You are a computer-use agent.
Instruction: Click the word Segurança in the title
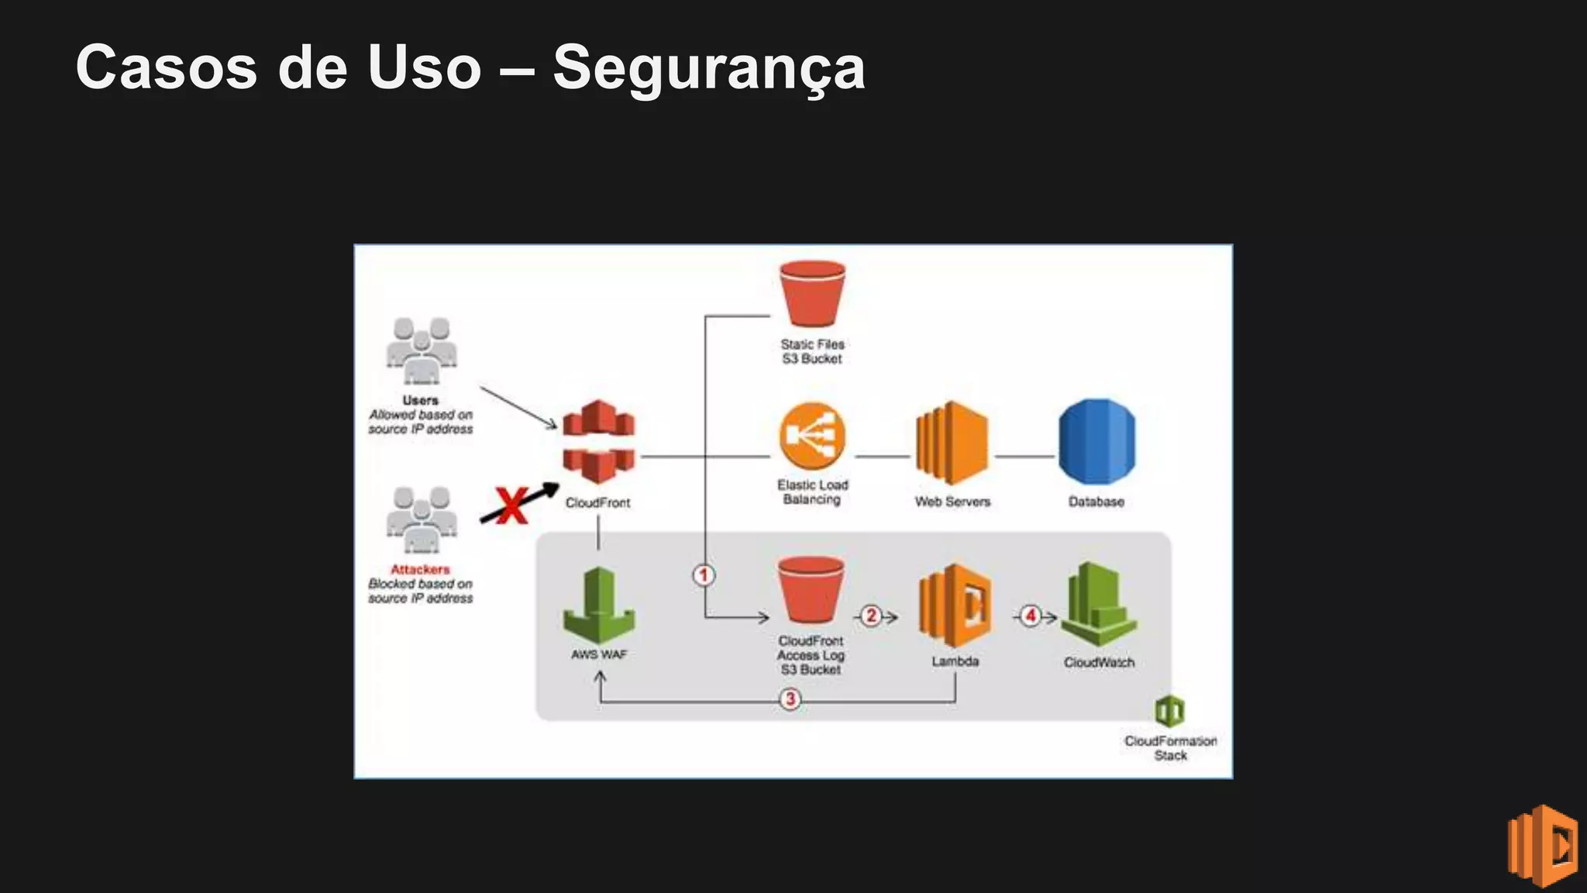(708, 68)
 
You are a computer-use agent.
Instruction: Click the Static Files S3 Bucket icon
(812, 295)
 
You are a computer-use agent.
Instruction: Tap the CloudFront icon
(598, 442)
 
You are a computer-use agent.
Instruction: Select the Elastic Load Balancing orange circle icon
(812, 436)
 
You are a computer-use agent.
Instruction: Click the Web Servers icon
(952, 443)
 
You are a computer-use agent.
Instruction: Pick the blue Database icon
(1096, 442)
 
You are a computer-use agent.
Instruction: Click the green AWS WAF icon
(598, 605)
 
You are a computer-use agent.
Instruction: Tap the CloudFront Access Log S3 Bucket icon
(811, 591)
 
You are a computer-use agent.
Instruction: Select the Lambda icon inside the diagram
(955, 605)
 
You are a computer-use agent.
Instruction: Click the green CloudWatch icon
(1098, 605)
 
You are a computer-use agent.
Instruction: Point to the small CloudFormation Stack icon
(1169, 710)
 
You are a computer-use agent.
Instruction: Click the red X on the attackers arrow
(511, 505)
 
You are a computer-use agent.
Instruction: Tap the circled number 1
(704, 575)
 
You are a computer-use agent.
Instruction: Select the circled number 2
(871, 615)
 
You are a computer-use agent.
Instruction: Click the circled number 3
(790, 699)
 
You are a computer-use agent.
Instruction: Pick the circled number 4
(1030, 615)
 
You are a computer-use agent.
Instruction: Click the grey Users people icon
(421, 350)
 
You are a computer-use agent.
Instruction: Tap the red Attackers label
(420, 569)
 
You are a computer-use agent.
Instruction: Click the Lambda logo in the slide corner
(1542, 846)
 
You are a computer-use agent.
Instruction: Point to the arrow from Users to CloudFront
(518, 408)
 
